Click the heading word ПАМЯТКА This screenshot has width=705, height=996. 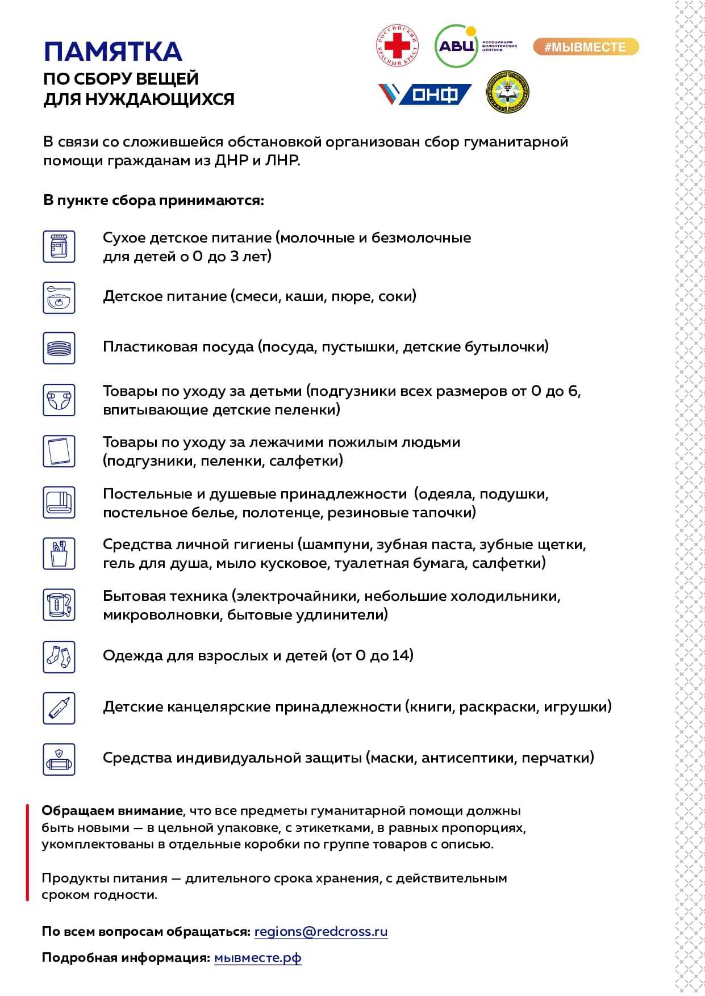tap(112, 52)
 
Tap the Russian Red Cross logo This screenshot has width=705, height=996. tap(398, 45)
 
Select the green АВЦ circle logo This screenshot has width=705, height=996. tap(456, 46)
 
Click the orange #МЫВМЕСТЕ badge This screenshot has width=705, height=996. tap(586, 47)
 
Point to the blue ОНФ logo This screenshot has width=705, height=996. tap(425, 94)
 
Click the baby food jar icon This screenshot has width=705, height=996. tap(59, 246)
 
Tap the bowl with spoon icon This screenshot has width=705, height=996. tap(59, 298)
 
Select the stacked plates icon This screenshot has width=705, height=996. tap(59, 348)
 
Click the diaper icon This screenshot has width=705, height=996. tap(59, 399)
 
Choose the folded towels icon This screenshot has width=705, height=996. tap(59, 502)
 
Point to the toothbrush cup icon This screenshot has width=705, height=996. tap(59, 553)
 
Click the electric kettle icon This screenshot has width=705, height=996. tap(59, 604)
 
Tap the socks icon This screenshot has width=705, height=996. tap(59, 657)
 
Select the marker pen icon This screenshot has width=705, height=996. tap(59, 708)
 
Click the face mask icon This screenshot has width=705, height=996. tap(59, 759)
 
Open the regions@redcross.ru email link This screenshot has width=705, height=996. tap(321, 932)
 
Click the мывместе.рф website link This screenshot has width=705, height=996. tap(257, 958)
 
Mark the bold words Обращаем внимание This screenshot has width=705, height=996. tap(112, 810)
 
